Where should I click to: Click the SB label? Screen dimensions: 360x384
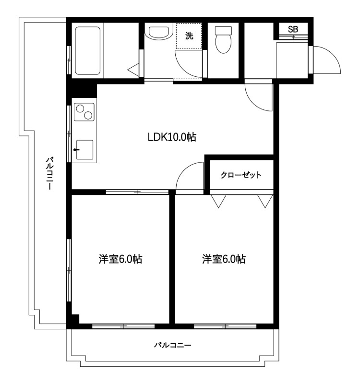[293, 29]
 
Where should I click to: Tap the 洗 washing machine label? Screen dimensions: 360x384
[189, 36]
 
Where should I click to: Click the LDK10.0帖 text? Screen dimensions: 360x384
[172, 137]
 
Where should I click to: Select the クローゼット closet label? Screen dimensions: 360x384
[241, 175]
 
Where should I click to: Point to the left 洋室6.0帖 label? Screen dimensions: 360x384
[120, 259]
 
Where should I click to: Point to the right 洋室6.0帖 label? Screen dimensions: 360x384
[224, 259]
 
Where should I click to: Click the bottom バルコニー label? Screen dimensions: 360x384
[172, 345]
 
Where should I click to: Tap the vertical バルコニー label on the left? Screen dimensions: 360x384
[49, 174]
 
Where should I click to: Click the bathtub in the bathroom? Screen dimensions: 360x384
[88, 50]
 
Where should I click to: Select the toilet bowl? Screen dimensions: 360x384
[223, 40]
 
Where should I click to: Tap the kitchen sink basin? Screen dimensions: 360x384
[85, 150]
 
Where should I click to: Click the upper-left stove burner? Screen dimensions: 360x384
[80, 108]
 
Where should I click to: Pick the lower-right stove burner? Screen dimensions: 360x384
[88, 115]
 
